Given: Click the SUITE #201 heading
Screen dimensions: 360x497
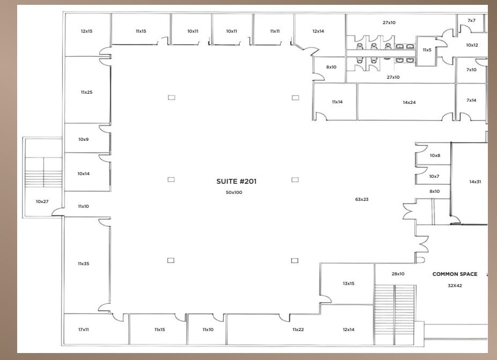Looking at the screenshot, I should click(236, 182).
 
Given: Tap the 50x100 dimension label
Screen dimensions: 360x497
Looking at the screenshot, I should click(234, 192).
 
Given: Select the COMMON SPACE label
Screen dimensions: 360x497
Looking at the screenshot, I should click(455, 274).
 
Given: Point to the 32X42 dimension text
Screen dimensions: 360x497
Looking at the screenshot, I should click(455, 286).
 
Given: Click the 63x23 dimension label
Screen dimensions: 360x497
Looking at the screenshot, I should click(362, 199).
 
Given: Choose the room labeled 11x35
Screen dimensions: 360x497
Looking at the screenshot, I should click(83, 264).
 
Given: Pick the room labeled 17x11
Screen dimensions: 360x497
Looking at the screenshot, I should click(84, 329).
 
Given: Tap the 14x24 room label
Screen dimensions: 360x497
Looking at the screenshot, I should click(409, 102).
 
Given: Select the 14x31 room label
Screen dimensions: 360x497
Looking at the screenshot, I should click(475, 182).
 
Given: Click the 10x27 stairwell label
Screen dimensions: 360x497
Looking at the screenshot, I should click(42, 201).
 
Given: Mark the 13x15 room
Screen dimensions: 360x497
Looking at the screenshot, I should click(348, 283).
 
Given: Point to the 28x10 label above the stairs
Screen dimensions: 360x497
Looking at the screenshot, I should click(398, 274).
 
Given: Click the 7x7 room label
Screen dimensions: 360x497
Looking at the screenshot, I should click(471, 20).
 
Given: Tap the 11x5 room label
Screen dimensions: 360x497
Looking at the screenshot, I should click(427, 50).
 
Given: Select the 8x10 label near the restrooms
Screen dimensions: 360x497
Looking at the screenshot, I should click(331, 67).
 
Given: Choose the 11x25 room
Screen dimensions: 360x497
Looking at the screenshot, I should click(86, 92).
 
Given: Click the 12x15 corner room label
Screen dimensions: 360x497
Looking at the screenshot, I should click(87, 31).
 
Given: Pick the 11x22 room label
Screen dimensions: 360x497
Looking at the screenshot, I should click(298, 329).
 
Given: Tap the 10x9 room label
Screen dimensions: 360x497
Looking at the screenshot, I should click(83, 139).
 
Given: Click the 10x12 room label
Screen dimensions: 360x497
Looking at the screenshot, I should click(472, 45).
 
